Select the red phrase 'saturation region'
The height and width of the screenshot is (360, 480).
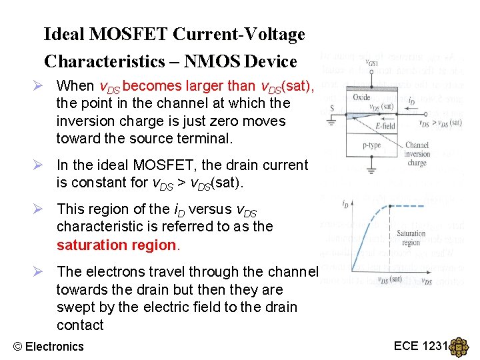118,245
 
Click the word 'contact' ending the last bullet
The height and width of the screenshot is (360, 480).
80,325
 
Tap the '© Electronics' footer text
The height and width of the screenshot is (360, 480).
49,346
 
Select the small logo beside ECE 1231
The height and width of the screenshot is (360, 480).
459,347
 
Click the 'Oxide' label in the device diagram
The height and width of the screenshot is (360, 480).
363,98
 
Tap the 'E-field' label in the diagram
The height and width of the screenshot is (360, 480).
385,125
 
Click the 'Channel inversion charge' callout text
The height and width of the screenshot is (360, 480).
417,153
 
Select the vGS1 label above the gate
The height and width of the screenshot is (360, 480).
372,62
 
